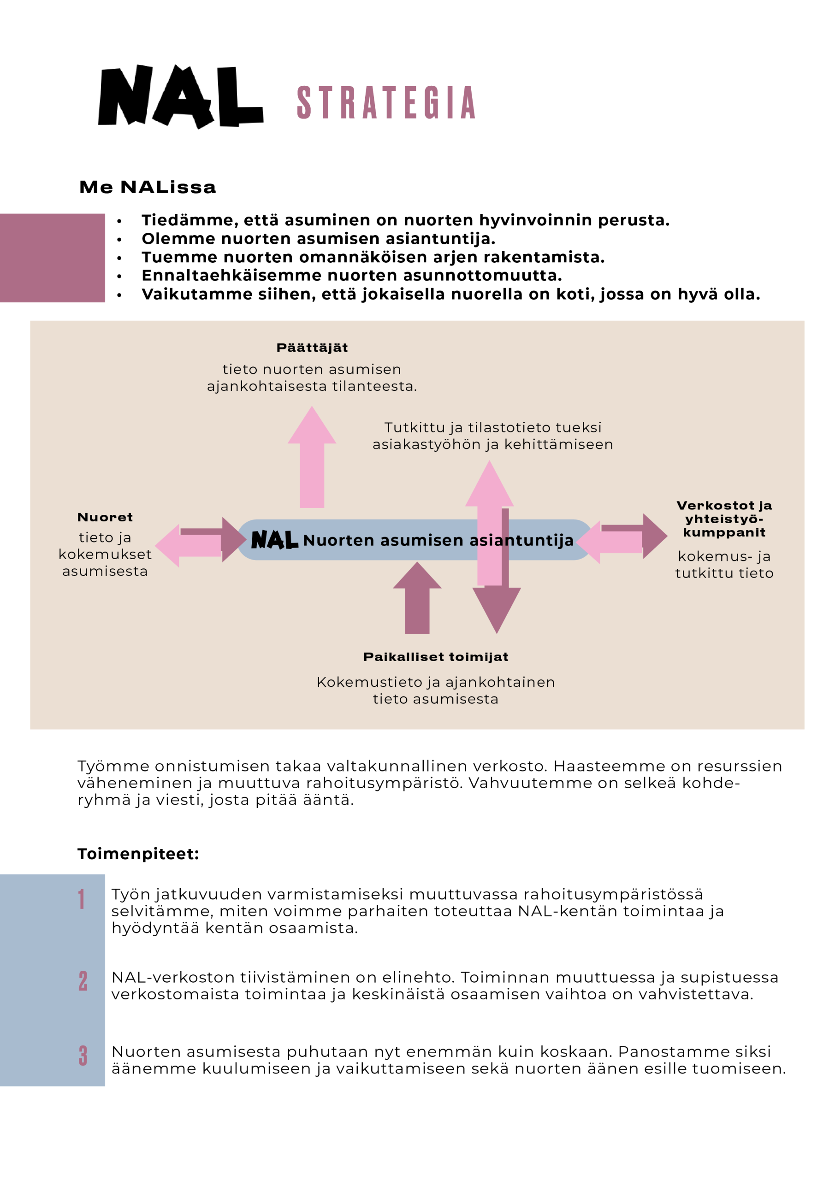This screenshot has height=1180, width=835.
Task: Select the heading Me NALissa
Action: (x=148, y=187)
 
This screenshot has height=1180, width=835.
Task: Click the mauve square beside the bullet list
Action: (x=52, y=258)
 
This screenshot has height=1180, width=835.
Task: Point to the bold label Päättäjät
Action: (x=312, y=348)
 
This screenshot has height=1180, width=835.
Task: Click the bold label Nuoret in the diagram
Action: (x=105, y=517)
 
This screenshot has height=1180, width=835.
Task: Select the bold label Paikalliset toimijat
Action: (x=436, y=657)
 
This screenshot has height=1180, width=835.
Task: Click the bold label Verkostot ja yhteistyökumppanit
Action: (x=724, y=519)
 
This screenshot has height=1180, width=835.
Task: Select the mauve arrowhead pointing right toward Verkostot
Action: (x=654, y=536)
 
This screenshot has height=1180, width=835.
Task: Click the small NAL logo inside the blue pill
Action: (x=274, y=540)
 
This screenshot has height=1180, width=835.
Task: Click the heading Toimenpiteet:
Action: (x=138, y=854)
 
